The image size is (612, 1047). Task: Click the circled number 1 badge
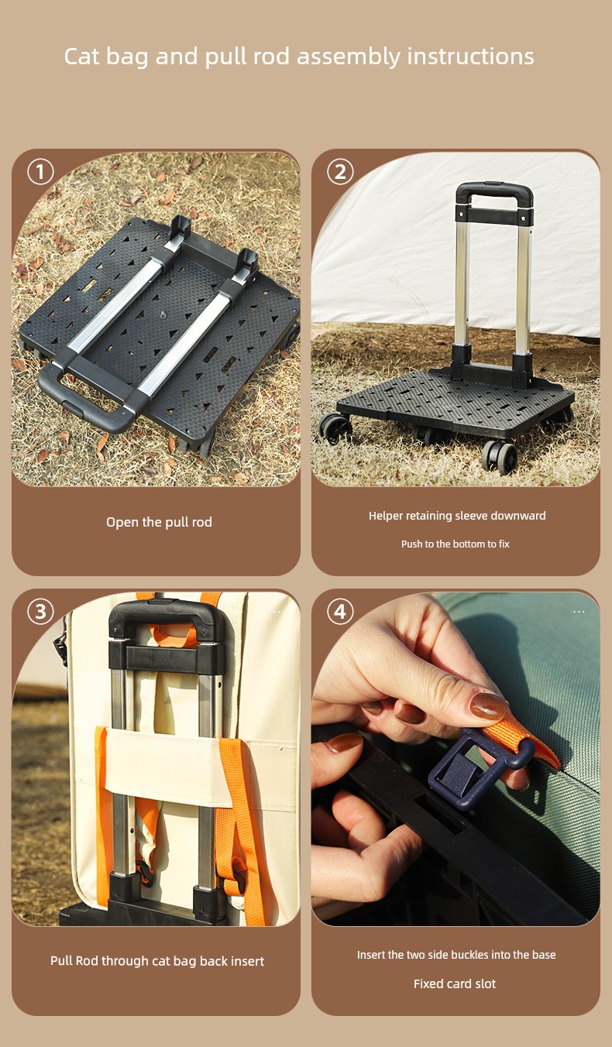point(40,172)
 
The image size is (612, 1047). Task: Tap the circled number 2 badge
point(340,172)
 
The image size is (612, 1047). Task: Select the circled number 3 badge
point(40,611)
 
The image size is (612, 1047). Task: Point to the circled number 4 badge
point(340,611)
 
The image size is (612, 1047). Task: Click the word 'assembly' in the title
point(349,57)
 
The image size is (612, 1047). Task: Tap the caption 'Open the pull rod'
point(159,522)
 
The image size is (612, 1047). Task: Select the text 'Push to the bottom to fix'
point(455,544)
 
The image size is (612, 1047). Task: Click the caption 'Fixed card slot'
point(455,983)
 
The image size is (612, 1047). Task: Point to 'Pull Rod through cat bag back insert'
point(157,961)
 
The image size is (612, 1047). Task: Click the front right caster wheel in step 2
point(500,455)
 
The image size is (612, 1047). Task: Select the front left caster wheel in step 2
point(335,428)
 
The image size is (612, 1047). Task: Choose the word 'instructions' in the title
point(470,56)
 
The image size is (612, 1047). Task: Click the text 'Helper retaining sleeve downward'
point(457,516)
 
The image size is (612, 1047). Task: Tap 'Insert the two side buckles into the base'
point(456,955)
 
